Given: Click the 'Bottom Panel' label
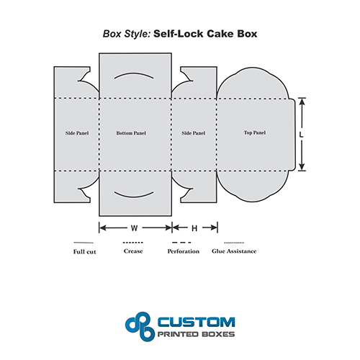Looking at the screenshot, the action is (x=131, y=133).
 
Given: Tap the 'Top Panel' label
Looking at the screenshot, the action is (x=255, y=132).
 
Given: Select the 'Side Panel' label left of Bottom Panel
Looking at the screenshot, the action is (x=77, y=133).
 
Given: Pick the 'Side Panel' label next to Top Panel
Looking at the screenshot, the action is (x=194, y=133).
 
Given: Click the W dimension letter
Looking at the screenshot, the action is (x=135, y=228).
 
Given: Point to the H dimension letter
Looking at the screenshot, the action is (x=194, y=228).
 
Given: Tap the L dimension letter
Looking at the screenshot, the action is (x=301, y=135).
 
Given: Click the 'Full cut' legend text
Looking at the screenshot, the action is (x=84, y=252).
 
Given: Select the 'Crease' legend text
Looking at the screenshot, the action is (x=133, y=251).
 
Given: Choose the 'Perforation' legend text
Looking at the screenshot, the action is (x=184, y=251).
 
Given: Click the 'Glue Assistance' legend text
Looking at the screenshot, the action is (x=234, y=251).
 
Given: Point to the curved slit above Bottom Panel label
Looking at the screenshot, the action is (x=134, y=73).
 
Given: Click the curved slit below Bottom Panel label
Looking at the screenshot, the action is (x=134, y=197).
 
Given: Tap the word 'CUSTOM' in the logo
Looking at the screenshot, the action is (x=196, y=322).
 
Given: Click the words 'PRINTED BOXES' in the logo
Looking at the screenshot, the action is (x=196, y=334).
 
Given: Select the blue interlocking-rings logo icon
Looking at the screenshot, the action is (x=139, y=326).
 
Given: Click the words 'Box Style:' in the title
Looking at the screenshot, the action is (x=127, y=34).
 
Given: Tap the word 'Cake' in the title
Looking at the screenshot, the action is (x=220, y=34).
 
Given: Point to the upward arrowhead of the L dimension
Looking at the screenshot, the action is (x=302, y=102).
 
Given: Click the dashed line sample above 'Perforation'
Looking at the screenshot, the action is (x=181, y=243).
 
